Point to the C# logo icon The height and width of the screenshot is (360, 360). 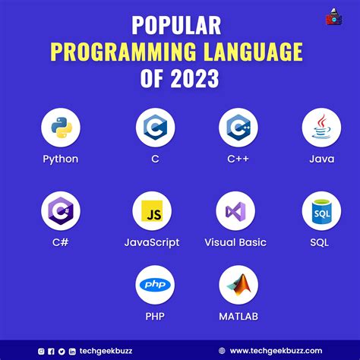[x=60, y=210]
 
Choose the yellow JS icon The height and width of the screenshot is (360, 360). [x=151, y=210]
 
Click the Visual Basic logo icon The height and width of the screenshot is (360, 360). [x=235, y=210]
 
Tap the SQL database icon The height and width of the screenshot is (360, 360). [x=321, y=210]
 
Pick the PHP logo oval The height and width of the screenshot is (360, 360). [x=156, y=286]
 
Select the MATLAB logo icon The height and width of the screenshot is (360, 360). [x=238, y=286]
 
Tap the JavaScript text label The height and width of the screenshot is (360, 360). [x=152, y=243]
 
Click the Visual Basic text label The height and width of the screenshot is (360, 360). [x=235, y=243]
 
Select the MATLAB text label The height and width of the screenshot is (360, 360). [x=238, y=316]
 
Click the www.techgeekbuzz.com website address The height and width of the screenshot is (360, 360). [x=278, y=351]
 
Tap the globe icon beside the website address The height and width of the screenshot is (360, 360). [x=222, y=351]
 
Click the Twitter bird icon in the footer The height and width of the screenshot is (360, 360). [x=62, y=351]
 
